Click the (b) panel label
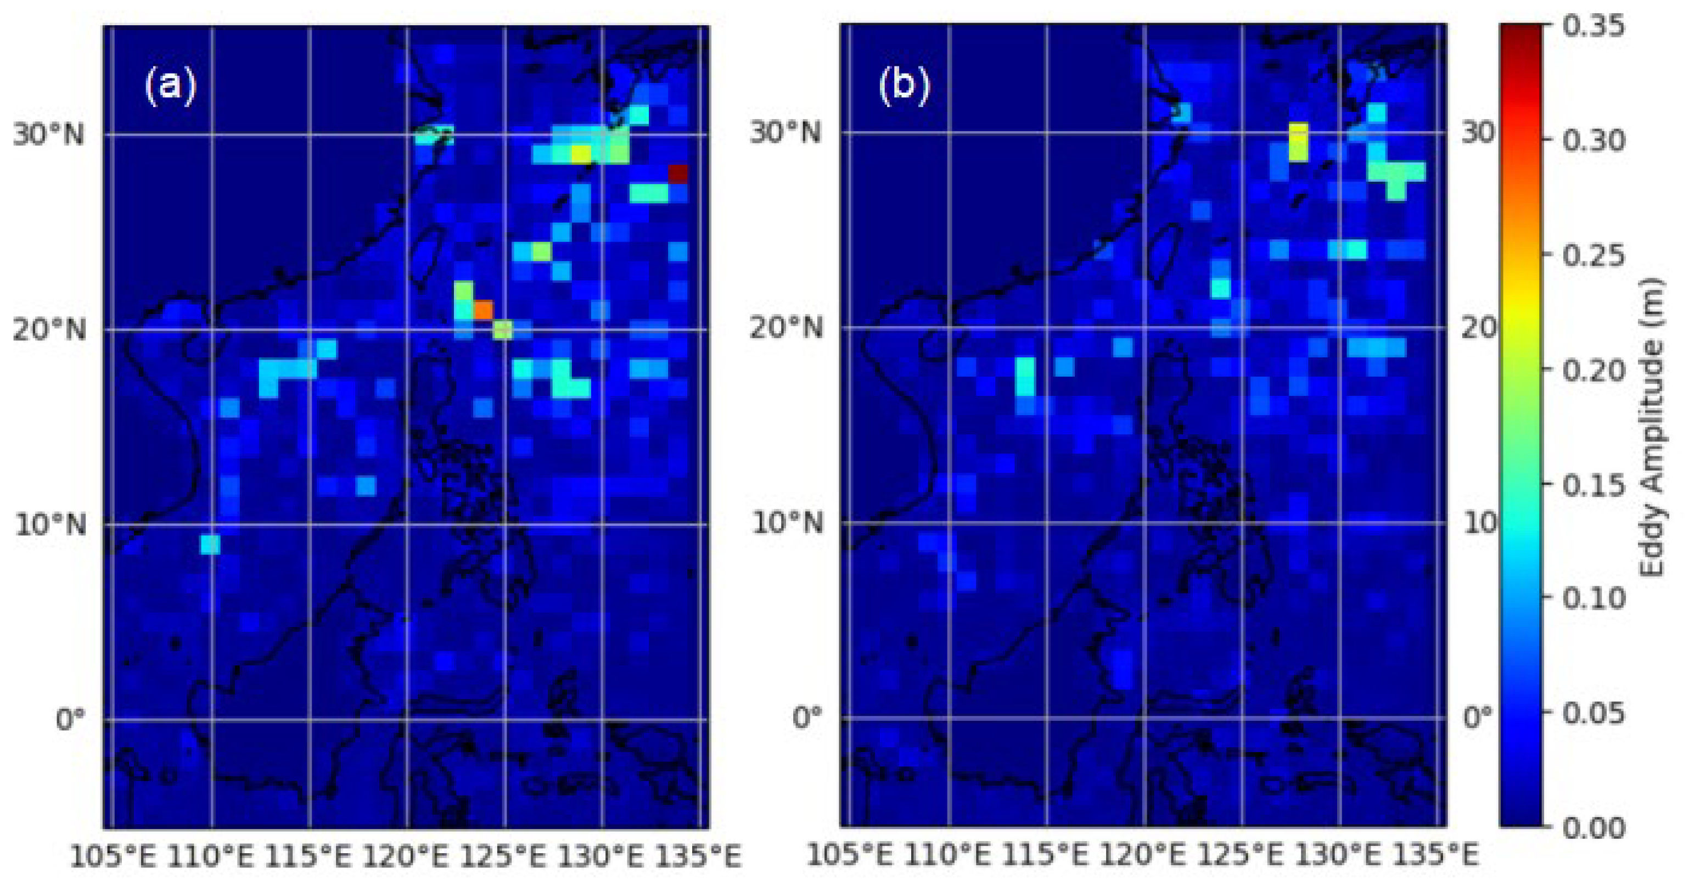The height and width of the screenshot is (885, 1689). pyautogui.click(x=904, y=85)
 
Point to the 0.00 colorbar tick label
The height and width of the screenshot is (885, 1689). pyautogui.click(x=1593, y=827)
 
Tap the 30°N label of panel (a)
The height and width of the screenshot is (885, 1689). pyautogui.click(x=49, y=135)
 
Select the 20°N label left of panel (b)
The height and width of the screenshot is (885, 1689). pyautogui.click(x=786, y=327)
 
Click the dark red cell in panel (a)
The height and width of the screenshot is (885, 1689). pyautogui.click(x=678, y=173)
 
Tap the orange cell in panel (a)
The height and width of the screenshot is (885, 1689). pyautogui.click(x=483, y=310)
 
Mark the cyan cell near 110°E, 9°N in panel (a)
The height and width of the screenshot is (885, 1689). pyautogui.click(x=210, y=544)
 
